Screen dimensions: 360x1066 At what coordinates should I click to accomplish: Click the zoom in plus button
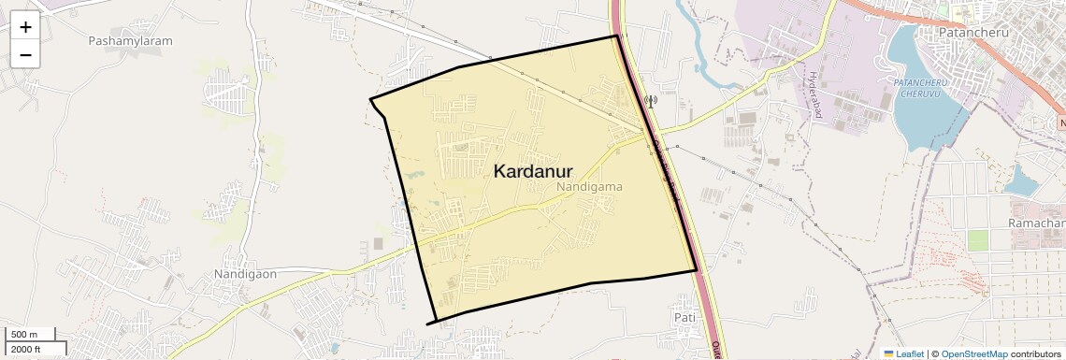tap(25, 27)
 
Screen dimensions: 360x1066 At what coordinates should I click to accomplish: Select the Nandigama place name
tap(589, 187)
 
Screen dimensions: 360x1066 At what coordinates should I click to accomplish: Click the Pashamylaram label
tap(126, 41)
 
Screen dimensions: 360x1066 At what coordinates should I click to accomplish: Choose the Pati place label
tap(685, 318)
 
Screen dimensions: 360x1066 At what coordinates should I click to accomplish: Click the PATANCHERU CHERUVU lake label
tap(923, 89)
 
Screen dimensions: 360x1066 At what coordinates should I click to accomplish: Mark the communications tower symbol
tap(651, 100)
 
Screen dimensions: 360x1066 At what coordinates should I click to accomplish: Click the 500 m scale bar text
tap(24, 335)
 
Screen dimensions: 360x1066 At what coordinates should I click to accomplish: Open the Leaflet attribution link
tap(904, 353)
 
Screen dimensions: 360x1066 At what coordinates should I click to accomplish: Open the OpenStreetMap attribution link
tap(974, 353)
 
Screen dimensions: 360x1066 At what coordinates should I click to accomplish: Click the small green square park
tap(977, 240)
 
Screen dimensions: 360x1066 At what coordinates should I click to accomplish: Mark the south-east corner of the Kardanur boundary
tap(697, 270)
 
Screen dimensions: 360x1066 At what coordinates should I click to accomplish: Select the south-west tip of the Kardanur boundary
tap(429, 324)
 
